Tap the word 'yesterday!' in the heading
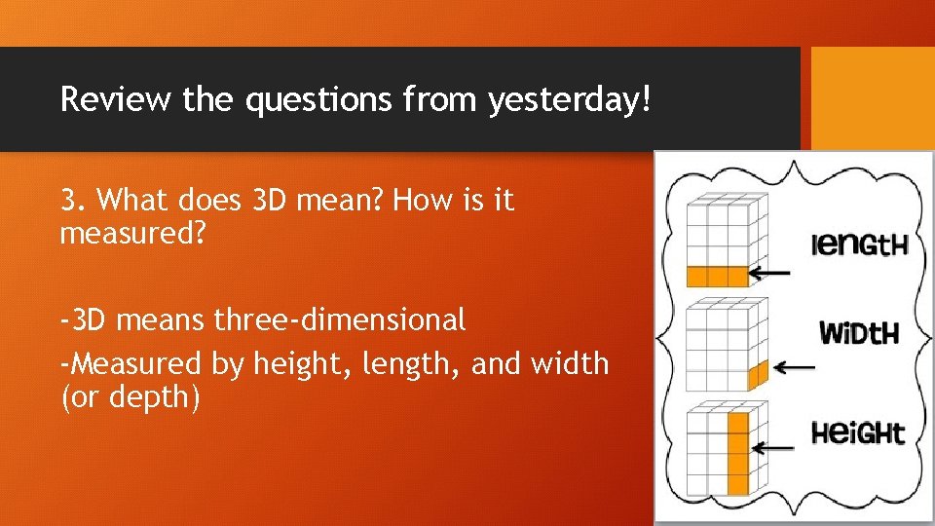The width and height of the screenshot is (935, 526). pos(568,99)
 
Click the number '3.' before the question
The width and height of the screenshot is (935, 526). pos(75,201)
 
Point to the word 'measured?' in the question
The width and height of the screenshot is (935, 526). pos(134,234)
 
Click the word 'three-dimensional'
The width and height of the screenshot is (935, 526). pos(340,319)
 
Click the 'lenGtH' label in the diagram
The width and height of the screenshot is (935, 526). pos(860,244)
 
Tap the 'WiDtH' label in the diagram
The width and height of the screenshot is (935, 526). pos(858,334)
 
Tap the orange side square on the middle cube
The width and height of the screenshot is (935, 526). pos(759,373)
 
